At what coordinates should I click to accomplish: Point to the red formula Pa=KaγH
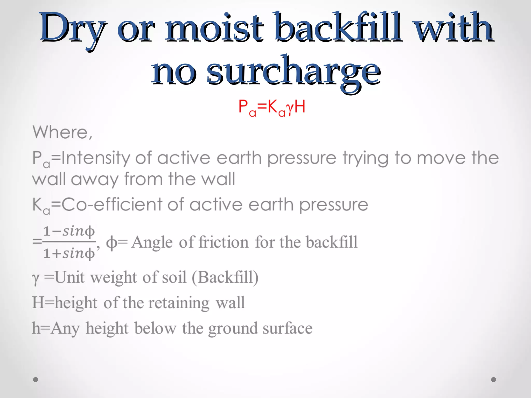click(271, 107)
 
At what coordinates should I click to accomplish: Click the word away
click(95, 179)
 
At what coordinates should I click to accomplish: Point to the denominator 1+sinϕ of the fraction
click(69, 253)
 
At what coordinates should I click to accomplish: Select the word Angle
click(152, 243)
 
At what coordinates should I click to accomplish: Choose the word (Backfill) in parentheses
click(225, 277)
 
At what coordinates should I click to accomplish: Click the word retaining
click(179, 303)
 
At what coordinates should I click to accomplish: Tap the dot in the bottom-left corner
click(36, 380)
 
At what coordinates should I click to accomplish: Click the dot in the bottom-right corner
click(494, 380)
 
